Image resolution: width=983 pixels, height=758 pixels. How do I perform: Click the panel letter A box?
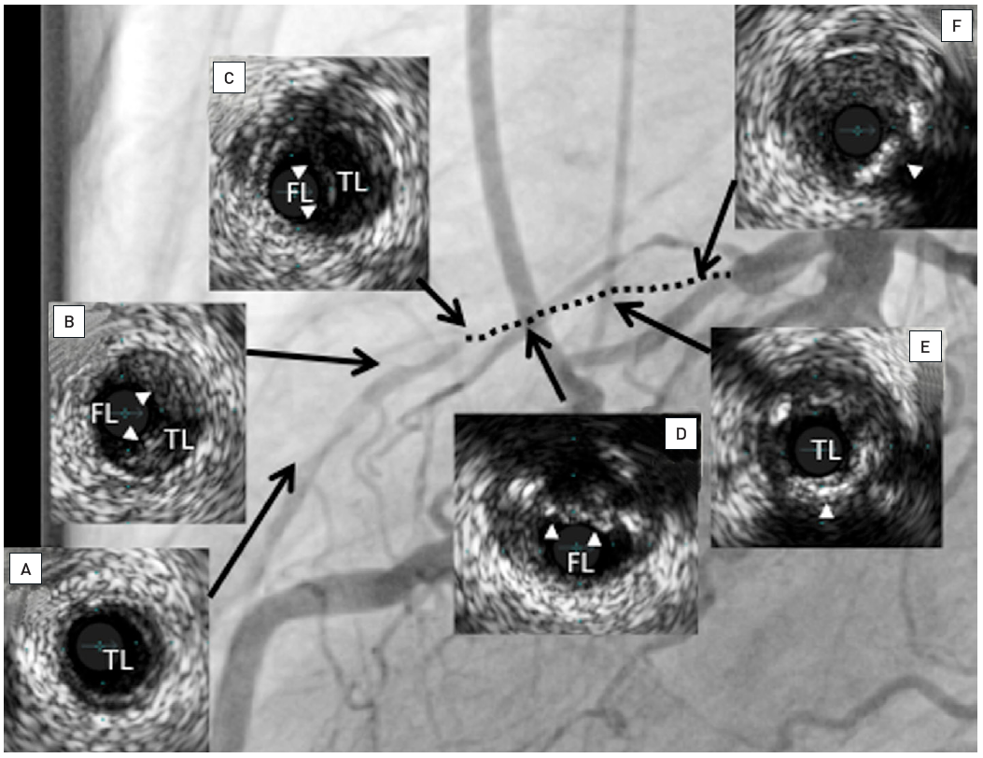(25, 568)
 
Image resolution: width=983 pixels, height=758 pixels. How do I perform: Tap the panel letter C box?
(229, 78)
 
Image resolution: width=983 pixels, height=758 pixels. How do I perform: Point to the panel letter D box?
(681, 434)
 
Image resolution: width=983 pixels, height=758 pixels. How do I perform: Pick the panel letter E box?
(923, 346)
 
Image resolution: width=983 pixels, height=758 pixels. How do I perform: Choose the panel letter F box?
(954, 26)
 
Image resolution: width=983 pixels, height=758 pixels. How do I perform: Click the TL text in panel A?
(119, 660)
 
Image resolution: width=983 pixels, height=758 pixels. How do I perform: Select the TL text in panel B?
(177, 439)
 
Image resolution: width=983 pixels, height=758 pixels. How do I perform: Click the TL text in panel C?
(352, 183)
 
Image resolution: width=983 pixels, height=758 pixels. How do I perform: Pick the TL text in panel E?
(825, 451)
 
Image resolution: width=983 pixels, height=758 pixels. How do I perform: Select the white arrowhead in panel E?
(827, 511)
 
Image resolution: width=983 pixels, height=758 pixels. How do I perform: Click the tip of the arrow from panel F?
(698, 276)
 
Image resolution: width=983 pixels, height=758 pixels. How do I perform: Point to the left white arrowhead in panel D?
(553, 532)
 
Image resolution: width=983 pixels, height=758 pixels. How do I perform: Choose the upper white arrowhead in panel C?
(299, 171)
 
